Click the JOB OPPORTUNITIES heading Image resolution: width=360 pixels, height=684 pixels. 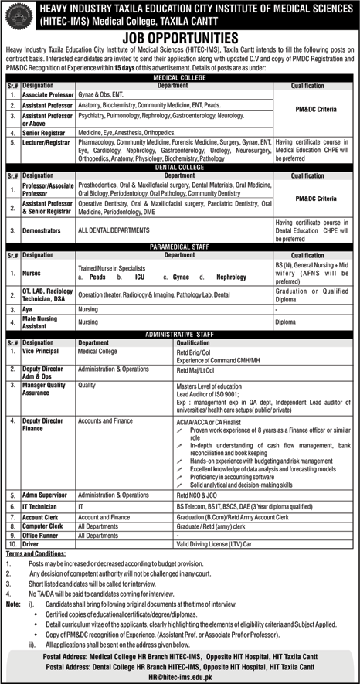179,36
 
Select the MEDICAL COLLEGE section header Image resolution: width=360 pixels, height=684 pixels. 179,78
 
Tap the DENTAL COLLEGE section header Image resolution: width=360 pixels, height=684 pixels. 179,168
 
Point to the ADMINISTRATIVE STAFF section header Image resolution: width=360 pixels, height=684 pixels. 179,333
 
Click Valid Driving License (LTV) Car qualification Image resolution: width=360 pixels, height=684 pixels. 215,544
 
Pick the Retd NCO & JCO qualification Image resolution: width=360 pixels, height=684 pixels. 199,494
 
